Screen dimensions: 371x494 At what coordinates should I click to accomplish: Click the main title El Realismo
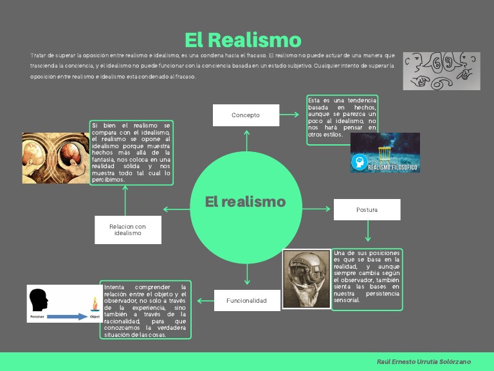[x=242, y=40]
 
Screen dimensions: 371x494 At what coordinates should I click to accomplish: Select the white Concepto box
[x=246, y=115]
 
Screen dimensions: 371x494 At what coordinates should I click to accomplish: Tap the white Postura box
[x=367, y=210]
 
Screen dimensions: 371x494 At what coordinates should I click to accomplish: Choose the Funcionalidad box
[x=246, y=300]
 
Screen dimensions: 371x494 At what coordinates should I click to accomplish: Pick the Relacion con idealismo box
[x=127, y=230]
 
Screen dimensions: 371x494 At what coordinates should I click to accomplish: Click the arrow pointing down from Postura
[x=368, y=231]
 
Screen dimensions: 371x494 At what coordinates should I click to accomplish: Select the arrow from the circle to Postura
[x=316, y=209]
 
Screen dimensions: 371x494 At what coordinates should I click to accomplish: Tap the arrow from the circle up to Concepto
[x=246, y=140]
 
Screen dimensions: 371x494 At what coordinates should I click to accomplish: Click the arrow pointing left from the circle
[x=176, y=209]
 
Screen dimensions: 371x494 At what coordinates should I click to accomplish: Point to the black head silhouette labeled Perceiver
[x=39, y=301]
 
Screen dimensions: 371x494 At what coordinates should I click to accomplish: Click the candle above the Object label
[x=95, y=304]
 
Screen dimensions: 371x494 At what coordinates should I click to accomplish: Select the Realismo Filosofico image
[x=385, y=153]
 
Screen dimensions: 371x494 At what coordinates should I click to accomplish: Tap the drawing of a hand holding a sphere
[x=306, y=279]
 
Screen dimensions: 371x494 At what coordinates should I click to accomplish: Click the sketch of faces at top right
[x=441, y=71]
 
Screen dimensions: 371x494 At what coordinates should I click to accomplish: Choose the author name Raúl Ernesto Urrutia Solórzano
[x=424, y=362]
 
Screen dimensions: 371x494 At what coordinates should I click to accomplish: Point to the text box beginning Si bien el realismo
[x=131, y=153]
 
